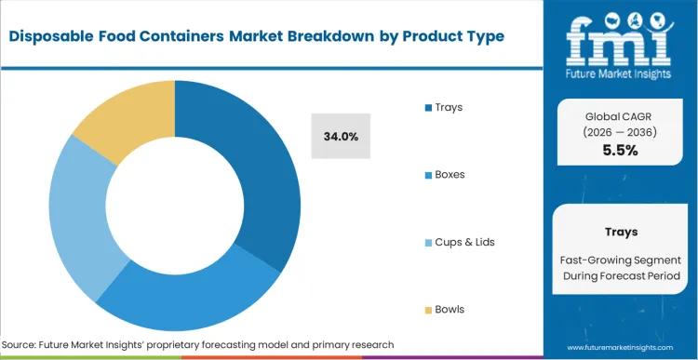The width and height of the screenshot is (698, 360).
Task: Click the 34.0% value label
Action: point(341,136)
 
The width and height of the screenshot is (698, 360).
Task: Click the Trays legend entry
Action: point(448,107)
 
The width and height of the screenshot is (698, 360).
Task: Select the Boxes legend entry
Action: point(450,174)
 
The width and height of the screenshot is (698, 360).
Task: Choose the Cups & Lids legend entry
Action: point(464,242)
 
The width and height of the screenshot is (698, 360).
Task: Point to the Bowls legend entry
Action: point(450,309)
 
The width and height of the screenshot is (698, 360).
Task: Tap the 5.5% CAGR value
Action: point(620,150)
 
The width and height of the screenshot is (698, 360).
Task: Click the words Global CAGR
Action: point(620,115)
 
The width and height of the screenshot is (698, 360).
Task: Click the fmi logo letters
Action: point(620,38)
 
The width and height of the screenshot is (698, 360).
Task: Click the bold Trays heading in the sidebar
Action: point(620,232)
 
